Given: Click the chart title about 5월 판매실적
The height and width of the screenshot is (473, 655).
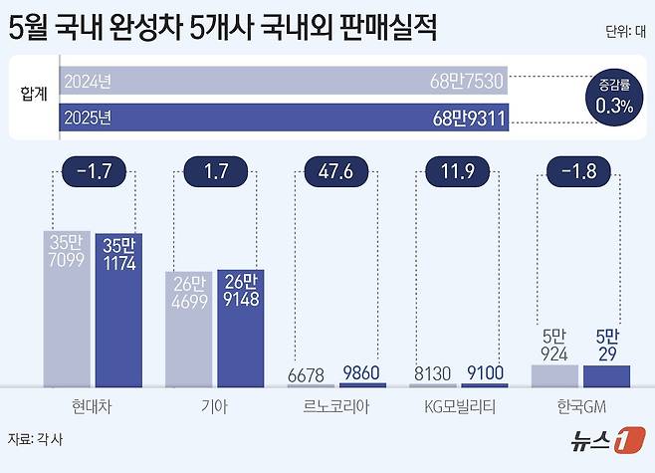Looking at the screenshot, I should click(x=223, y=27).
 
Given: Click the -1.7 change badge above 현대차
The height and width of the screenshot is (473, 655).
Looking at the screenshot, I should click(x=94, y=171).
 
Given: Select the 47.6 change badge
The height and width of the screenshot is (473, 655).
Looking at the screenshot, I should click(x=336, y=171).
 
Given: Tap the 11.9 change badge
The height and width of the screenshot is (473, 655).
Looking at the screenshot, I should click(x=459, y=171).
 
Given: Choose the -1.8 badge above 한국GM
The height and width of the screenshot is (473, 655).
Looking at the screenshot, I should click(x=579, y=171).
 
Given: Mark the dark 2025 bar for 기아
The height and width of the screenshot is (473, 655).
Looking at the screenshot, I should click(x=240, y=328).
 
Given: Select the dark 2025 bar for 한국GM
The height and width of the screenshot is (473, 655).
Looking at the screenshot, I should click(x=606, y=375).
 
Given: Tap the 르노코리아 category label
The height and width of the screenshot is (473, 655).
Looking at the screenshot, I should click(x=337, y=405).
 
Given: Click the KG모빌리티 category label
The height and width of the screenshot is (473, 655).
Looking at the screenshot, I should click(x=459, y=405).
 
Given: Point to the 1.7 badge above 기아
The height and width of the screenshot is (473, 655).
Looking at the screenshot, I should click(x=215, y=171).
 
